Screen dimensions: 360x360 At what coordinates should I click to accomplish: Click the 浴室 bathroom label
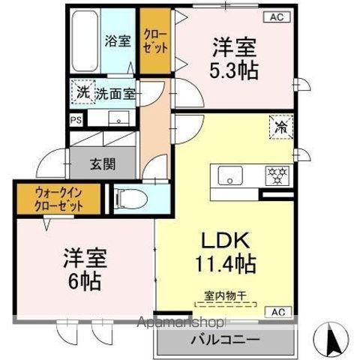click(118, 43)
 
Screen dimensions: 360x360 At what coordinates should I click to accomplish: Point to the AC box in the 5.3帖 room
click(275, 16)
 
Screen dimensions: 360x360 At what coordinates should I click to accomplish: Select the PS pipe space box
click(76, 118)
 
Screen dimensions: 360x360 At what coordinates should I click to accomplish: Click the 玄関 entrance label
click(102, 163)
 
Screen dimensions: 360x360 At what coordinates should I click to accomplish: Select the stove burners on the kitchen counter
click(278, 175)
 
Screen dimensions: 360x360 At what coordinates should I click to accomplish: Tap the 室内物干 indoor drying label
click(225, 296)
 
